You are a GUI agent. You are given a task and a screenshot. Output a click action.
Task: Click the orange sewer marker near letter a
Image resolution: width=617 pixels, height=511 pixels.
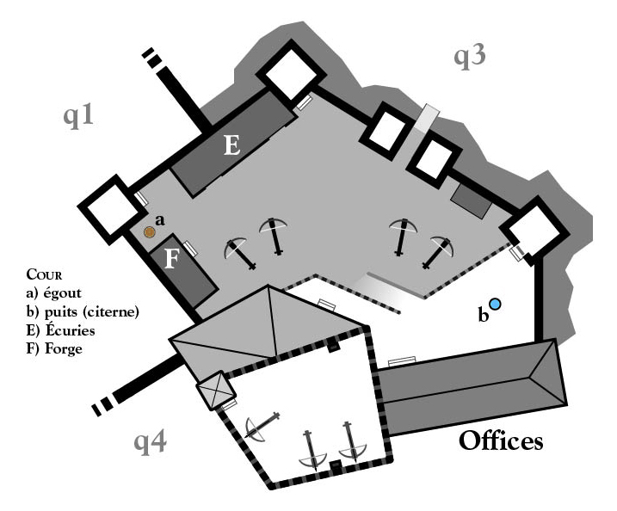[149, 232]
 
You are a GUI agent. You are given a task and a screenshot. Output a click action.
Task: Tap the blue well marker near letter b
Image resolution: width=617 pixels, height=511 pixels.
[495, 304]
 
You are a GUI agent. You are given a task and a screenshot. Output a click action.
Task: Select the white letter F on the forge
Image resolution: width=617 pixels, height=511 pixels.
[171, 259]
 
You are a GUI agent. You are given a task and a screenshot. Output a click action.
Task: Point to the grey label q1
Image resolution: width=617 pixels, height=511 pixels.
[78, 116]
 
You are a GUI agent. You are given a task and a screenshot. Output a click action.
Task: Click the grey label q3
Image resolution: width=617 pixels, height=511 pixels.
[470, 56]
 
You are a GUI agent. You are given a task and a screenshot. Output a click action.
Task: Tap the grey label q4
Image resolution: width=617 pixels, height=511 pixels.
[150, 442]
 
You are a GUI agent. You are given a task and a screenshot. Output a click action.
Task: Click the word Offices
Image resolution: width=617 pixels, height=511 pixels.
[501, 440]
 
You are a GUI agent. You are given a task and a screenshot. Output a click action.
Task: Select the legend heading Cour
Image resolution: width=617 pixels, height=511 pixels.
[44, 274]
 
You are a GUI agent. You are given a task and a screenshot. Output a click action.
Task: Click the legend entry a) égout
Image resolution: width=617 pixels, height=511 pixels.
[53, 293]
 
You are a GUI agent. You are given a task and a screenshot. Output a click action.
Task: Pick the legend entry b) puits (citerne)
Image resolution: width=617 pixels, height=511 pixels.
[83, 312]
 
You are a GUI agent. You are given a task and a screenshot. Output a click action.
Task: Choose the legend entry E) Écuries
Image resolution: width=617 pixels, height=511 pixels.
[60, 329]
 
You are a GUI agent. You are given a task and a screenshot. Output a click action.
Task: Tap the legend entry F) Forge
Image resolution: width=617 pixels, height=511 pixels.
[54, 348]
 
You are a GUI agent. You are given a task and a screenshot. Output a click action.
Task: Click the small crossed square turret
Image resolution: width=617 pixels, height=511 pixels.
[216, 391]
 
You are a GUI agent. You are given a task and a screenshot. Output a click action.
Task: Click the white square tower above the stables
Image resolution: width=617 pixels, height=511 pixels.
[291, 70]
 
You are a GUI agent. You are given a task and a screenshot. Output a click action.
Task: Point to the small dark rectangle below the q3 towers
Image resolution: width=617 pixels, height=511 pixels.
[472, 200]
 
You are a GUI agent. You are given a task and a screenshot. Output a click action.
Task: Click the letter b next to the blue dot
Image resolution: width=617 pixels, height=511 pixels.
[483, 316]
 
